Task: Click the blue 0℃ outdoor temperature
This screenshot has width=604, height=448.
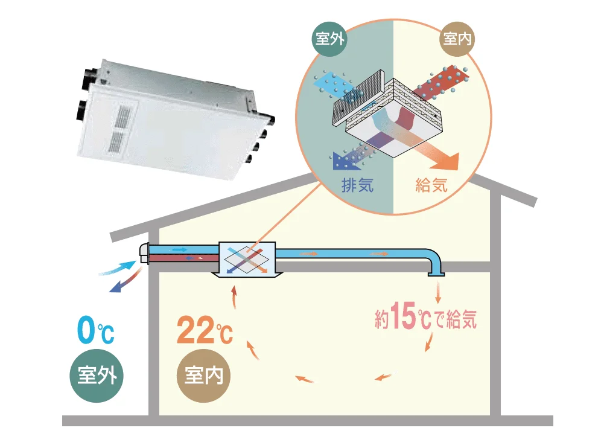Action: (95, 331)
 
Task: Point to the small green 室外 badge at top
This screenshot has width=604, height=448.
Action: (329, 40)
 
